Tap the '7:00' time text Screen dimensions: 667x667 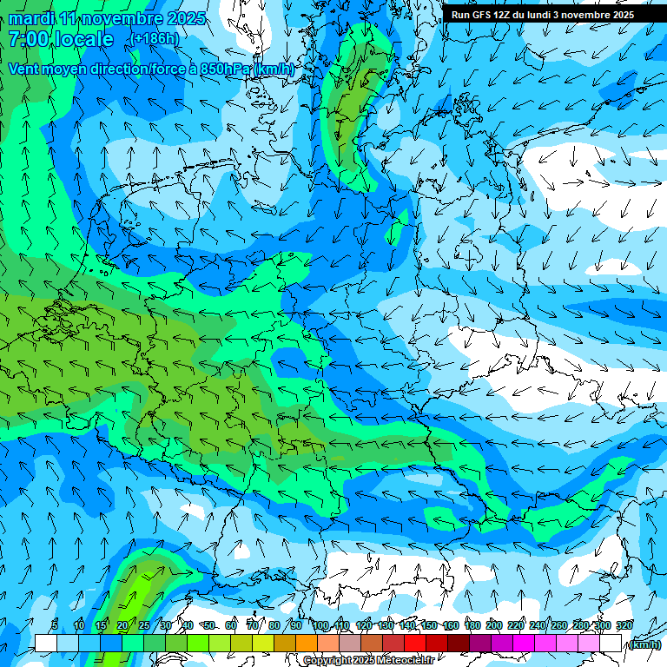coord(28,39)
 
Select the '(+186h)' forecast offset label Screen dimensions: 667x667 coord(155,39)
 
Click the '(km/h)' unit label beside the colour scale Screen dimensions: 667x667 coord(644,644)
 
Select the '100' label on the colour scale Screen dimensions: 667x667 coord(320,626)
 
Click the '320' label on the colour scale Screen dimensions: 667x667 coord(624,626)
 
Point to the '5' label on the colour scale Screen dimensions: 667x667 coord(55,626)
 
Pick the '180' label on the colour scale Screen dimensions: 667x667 coord(472,626)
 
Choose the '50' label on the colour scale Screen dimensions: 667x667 coord(209,626)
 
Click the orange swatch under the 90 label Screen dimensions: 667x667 coord(306,644)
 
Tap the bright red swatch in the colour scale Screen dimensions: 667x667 coord(414,644)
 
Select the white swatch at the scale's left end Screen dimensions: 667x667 coord(45,644)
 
